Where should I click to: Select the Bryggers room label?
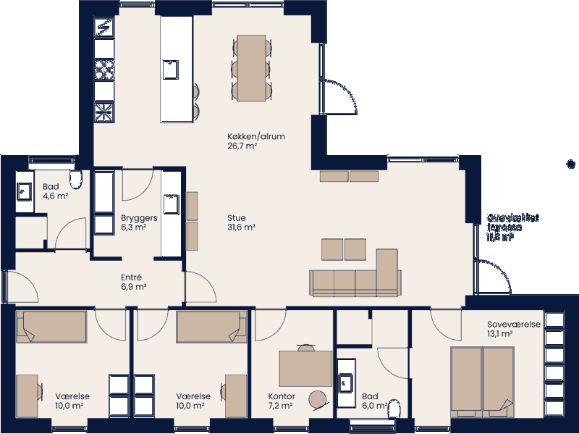(134, 222)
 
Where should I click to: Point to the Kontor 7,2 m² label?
(281, 401)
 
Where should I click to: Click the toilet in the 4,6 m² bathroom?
(75, 179)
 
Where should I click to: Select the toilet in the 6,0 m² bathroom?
(394, 410)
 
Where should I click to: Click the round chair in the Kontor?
(317, 399)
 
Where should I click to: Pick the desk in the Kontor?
(305, 368)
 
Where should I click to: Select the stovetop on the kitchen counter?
(105, 70)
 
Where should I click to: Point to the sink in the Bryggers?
(172, 204)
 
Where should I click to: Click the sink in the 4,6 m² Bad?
(24, 191)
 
